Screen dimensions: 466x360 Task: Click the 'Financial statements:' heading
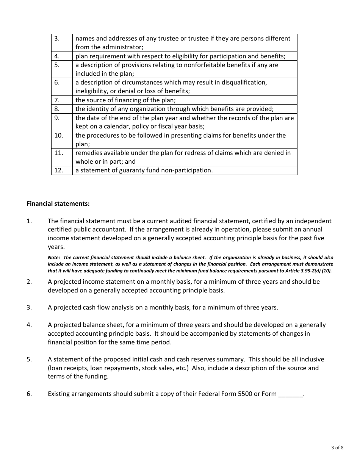coord(58,203)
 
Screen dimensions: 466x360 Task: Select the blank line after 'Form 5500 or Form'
coord(291,394)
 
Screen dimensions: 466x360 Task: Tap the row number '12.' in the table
coord(59,170)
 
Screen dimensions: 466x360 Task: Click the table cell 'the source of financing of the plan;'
coord(125,100)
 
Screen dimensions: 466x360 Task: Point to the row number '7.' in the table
coord(57,100)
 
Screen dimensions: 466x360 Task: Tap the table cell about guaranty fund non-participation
coord(144,170)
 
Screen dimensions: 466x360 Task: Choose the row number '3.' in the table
coord(57,39)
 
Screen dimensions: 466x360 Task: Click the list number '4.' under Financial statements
coord(29,325)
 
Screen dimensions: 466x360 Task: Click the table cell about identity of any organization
coord(174,109)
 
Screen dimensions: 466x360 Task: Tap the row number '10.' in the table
coord(59,136)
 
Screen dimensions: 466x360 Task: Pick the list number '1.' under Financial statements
coord(29,221)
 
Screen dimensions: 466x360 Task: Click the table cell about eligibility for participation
coord(180,56)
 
